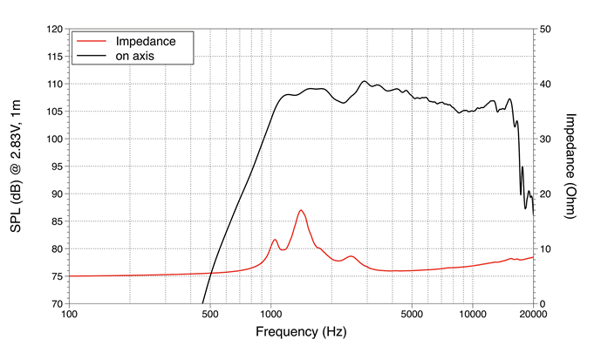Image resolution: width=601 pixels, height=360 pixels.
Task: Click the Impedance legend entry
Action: point(147,41)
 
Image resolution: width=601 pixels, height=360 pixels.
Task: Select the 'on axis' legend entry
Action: point(140,56)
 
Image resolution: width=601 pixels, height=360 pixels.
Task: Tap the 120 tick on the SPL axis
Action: point(52,29)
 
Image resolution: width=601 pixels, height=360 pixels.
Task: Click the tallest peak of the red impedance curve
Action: point(301,210)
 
